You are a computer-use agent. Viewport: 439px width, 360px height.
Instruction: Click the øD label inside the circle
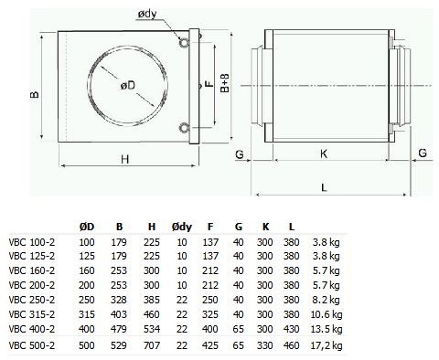coord(127,86)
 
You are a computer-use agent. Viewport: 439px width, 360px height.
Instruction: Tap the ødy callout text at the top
coord(147,15)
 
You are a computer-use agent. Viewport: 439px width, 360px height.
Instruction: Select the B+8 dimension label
coord(225,82)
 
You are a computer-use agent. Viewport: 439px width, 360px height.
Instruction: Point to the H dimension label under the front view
coord(125,159)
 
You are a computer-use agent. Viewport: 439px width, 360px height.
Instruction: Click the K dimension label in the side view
coord(324,154)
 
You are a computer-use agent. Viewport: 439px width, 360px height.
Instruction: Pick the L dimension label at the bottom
coord(324,187)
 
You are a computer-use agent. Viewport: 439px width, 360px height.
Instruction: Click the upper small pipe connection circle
coord(185,43)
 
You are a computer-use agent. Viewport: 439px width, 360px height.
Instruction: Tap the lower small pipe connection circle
coord(185,128)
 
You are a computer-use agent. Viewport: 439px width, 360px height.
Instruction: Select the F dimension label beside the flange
coord(209,84)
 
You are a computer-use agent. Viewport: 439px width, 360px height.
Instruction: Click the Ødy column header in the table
coord(182,227)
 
